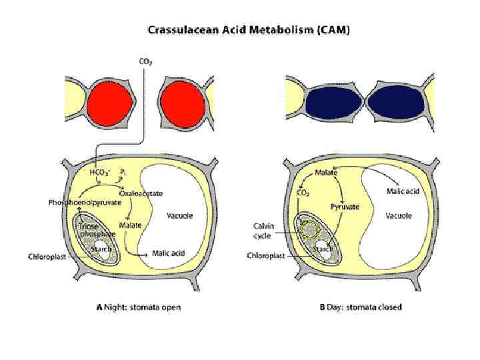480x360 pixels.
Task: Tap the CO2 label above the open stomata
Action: coord(145,62)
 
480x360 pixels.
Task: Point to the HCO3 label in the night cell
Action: coord(99,171)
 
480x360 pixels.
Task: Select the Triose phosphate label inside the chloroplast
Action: coord(94,230)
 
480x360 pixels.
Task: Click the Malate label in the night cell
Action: coord(130,225)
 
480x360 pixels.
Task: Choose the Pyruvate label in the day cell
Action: coord(345,207)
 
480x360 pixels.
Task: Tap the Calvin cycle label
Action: coord(265,230)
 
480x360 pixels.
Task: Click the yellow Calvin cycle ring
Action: coord(309,231)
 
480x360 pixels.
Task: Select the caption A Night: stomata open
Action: coord(138,307)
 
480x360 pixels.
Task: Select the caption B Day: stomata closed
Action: coord(361,307)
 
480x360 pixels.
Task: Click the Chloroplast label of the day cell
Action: coord(267,255)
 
